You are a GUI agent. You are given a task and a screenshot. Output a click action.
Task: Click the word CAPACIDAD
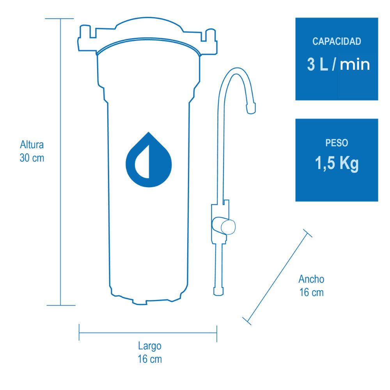pos(337,41)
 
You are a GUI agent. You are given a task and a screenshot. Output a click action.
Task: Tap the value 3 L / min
pos(339,64)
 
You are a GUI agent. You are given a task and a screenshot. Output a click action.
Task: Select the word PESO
pos(337,143)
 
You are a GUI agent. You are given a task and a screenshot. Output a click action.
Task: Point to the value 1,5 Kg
pos(337,163)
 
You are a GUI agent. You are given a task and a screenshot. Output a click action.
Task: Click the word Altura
pos(32,145)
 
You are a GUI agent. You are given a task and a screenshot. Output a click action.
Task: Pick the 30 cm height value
pos(32,158)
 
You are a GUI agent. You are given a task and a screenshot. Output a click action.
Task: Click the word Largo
pos(150,346)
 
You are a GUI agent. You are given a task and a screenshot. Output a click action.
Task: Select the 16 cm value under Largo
pos(150,359)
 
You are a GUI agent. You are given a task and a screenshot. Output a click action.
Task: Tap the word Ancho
pos(311,279)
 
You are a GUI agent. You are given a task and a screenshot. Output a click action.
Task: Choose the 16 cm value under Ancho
pos(311,292)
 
